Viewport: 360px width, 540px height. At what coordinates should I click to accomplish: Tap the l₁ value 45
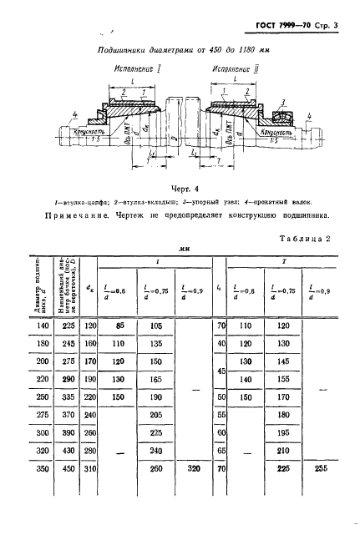click(221, 370)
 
